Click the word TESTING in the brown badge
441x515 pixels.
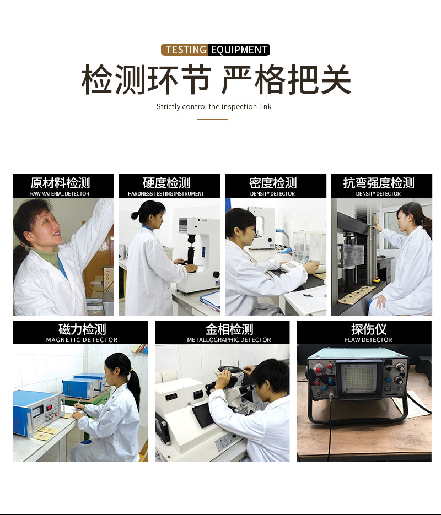(x=186, y=50)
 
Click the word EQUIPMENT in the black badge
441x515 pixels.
(x=239, y=50)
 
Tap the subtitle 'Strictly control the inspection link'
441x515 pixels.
(x=214, y=106)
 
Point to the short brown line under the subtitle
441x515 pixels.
(x=212, y=119)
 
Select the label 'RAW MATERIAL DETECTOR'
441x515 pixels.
(x=60, y=194)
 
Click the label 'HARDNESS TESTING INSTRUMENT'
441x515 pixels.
(x=166, y=194)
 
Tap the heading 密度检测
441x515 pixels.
(x=273, y=183)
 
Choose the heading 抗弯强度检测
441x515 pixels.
(x=379, y=183)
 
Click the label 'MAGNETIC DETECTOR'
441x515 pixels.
(x=82, y=340)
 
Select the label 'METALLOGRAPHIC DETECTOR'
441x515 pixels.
(x=229, y=340)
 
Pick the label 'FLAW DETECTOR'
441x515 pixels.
(x=368, y=340)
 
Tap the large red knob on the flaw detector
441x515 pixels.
(x=318, y=370)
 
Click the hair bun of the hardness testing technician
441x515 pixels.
(x=135, y=215)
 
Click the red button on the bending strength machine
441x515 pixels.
(x=376, y=279)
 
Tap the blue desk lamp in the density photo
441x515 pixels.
(x=283, y=240)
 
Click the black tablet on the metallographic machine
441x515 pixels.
(x=202, y=415)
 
